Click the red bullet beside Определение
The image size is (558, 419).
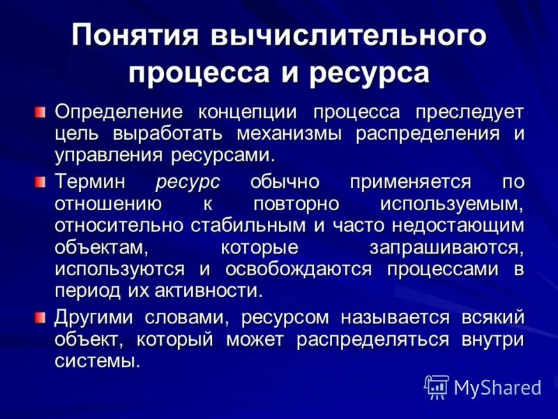tap(41, 112)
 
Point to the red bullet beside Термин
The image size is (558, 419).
tap(41, 182)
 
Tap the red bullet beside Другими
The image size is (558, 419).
tap(41, 318)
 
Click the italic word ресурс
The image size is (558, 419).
tap(188, 182)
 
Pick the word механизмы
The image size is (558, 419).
tap(293, 133)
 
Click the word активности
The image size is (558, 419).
tap(222, 291)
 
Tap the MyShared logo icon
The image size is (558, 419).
tap(437, 385)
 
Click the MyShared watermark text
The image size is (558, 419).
tap(497, 387)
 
